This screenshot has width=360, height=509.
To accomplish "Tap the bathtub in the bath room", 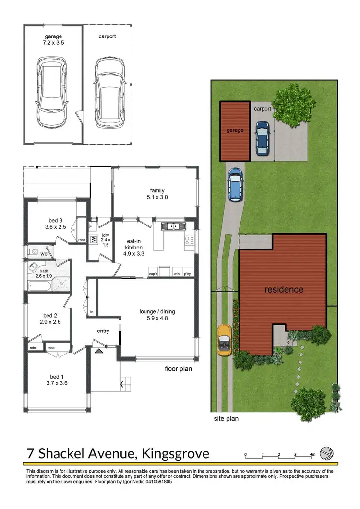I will pos(38,285).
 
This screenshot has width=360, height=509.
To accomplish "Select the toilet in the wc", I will pos(33,251).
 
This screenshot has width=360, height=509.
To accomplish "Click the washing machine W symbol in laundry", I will pos(94,239).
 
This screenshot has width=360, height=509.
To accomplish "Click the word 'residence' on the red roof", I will pos(284,289).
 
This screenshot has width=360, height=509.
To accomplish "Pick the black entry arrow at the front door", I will pos(99,351).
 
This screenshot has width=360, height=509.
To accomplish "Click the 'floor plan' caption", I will pos(178,369).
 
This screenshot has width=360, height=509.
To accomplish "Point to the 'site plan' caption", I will pos(226,418).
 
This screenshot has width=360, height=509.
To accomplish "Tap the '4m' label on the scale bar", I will pos(312,454).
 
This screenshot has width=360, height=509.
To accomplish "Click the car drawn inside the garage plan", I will pos(52,90).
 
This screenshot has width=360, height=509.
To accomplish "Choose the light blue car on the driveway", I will pos(235,184).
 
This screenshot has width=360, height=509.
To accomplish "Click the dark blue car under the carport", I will pos(262,138).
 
